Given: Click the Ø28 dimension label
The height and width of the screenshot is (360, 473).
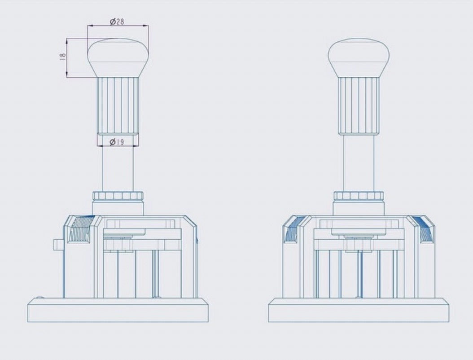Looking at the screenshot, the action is (117, 22).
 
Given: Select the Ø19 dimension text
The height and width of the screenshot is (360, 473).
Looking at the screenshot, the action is (117, 141).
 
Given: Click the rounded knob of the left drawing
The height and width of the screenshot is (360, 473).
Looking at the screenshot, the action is (118, 57).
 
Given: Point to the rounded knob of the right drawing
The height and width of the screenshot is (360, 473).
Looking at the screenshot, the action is (359, 57).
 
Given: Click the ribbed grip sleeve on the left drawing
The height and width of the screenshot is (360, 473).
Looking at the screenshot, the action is (118, 105).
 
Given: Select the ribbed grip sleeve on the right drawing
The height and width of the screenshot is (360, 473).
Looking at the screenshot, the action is (359, 105).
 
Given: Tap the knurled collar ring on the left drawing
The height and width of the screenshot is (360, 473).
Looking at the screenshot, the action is (118, 196).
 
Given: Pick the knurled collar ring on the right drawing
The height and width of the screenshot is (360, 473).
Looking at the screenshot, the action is (359, 196).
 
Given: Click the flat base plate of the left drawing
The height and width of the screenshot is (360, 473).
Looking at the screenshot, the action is (118, 310).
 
